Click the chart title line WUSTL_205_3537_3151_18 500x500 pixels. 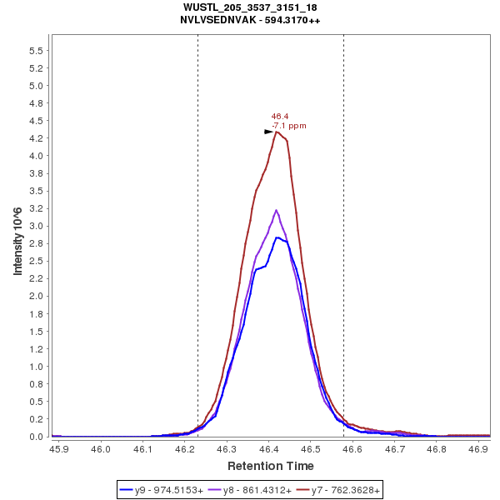(x=249, y=7)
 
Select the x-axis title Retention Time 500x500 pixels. (x=271, y=466)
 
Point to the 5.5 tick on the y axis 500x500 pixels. (x=37, y=51)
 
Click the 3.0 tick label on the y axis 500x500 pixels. (x=37, y=226)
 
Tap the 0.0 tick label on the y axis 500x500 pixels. (x=37, y=437)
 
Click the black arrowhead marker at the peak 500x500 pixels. (x=268, y=132)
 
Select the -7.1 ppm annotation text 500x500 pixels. (x=288, y=126)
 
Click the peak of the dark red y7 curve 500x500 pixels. (x=276, y=132)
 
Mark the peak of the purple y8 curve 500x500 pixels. (x=276, y=210)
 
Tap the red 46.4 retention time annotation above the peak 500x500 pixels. (x=279, y=117)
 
